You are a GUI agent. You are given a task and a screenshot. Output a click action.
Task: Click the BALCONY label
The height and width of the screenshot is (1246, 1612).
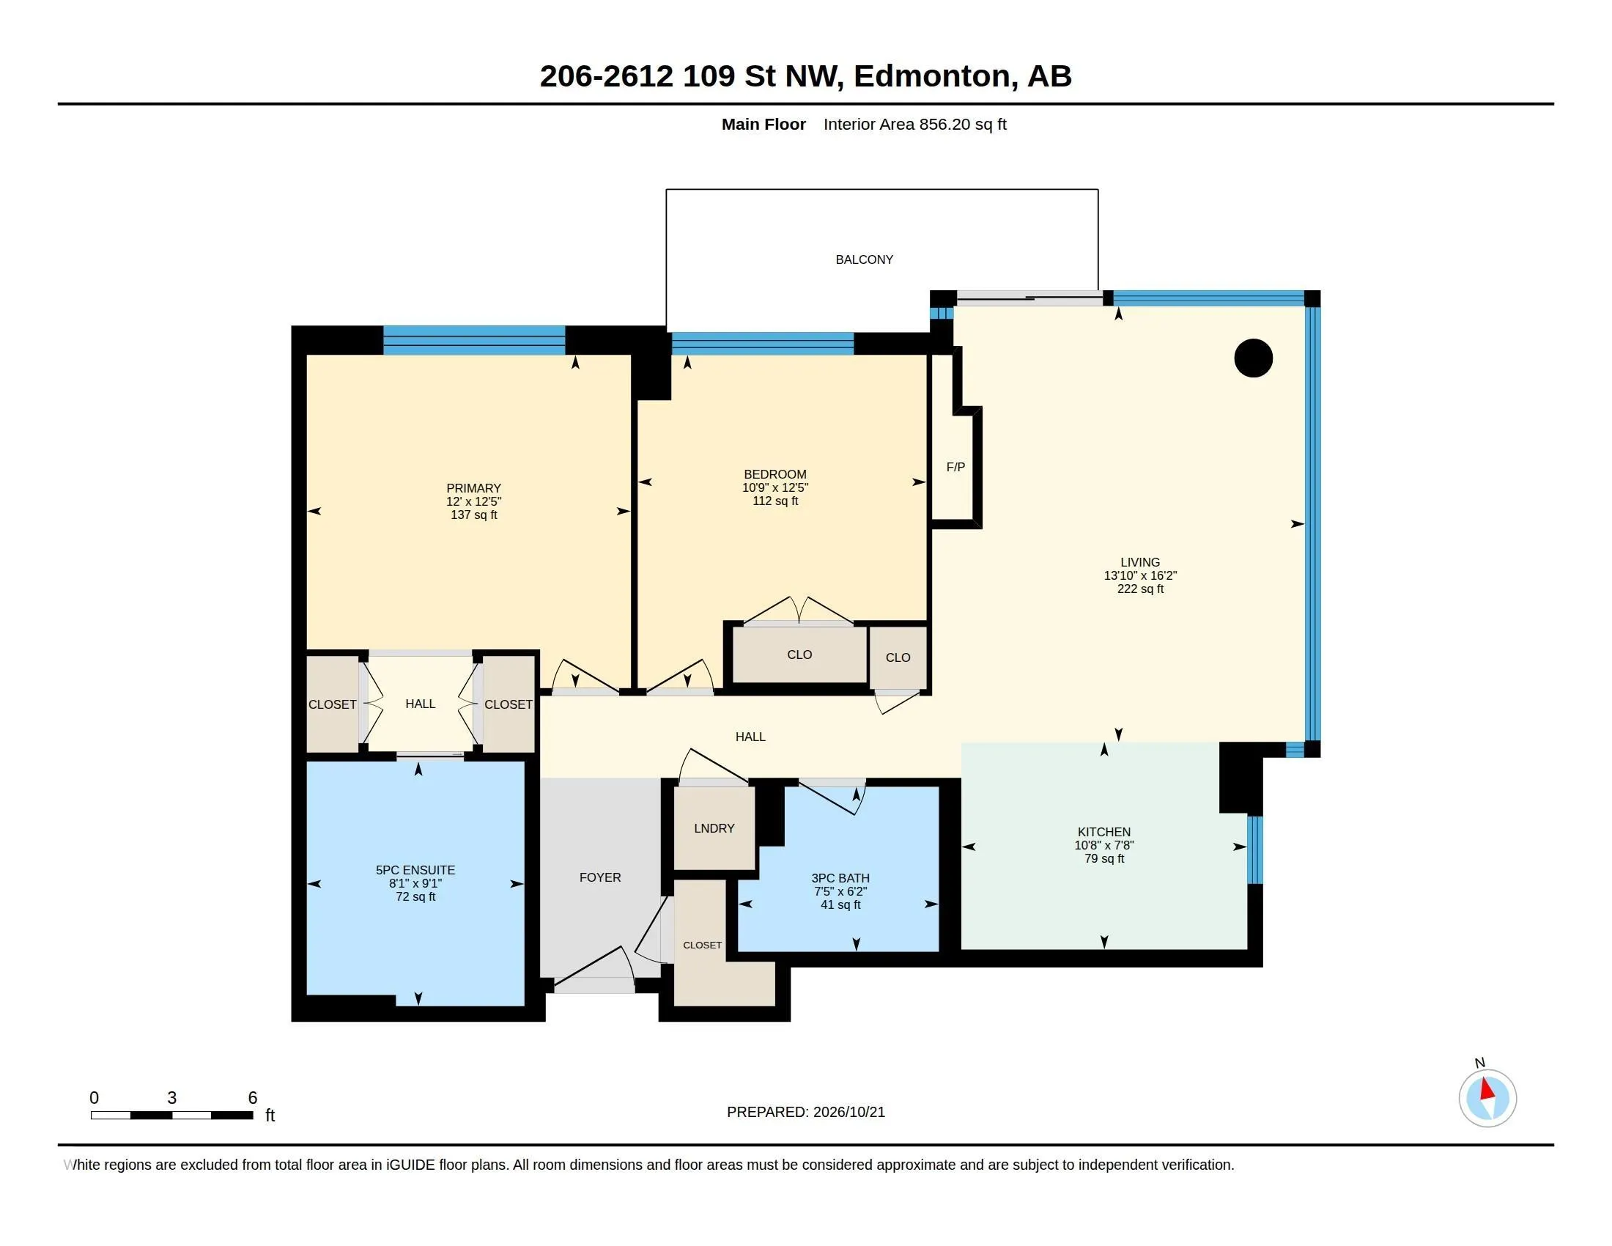coord(864,260)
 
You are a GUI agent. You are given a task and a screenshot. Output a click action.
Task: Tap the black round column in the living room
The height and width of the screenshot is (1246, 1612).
coord(1253,358)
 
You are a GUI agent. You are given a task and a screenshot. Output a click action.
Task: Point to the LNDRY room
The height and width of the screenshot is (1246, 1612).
coord(714,828)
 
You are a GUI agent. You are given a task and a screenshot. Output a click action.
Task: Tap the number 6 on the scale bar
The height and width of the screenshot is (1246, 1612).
coord(253,1098)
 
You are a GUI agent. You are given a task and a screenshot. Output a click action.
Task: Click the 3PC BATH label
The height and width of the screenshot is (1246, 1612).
coord(840,878)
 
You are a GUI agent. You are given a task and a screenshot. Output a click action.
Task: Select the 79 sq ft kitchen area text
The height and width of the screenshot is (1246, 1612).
coord(1104,858)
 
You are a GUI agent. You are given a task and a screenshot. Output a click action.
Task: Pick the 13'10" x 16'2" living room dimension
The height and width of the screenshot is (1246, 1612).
coord(1139,576)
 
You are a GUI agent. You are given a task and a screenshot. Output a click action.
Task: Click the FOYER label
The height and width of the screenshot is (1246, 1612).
coord(600,877)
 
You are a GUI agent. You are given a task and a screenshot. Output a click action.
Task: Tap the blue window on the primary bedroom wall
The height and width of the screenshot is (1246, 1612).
coord(474,340)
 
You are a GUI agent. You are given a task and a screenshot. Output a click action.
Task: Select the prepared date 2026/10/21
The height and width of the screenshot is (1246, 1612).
coord(848,1113)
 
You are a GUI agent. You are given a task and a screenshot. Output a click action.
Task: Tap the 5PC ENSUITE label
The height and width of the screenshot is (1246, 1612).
coord(415,870)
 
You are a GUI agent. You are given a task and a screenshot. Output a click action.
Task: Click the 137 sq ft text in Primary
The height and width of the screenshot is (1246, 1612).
coord(474,515)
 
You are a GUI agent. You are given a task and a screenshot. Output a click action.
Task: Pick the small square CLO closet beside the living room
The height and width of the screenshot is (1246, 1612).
coord(898,657)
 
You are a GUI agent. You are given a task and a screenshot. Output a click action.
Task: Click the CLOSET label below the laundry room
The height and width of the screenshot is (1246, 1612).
coord(702,945)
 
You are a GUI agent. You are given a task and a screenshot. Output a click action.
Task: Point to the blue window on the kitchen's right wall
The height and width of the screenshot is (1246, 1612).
coord(1254,849)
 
